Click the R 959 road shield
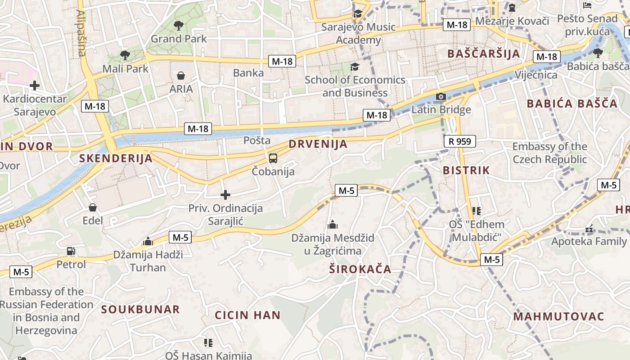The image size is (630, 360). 460,141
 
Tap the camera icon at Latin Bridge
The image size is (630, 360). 441,97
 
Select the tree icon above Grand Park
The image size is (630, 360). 179,25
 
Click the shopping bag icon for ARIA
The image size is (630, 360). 181,75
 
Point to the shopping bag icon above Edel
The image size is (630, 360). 93,207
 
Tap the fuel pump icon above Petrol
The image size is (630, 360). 71,251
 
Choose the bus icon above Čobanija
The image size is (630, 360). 273,158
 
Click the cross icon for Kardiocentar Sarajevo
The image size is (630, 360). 34,85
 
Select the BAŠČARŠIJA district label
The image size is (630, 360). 483,54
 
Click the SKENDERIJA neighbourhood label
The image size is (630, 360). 116,158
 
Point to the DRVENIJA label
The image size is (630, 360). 318,144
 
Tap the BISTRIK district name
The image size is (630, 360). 466,171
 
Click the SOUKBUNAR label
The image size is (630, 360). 140,310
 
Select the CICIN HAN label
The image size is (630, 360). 247,315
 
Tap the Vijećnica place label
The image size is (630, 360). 536,75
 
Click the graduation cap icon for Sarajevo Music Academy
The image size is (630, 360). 358,14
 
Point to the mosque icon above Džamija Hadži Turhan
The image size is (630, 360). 148,242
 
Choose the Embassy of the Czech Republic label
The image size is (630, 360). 549,153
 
